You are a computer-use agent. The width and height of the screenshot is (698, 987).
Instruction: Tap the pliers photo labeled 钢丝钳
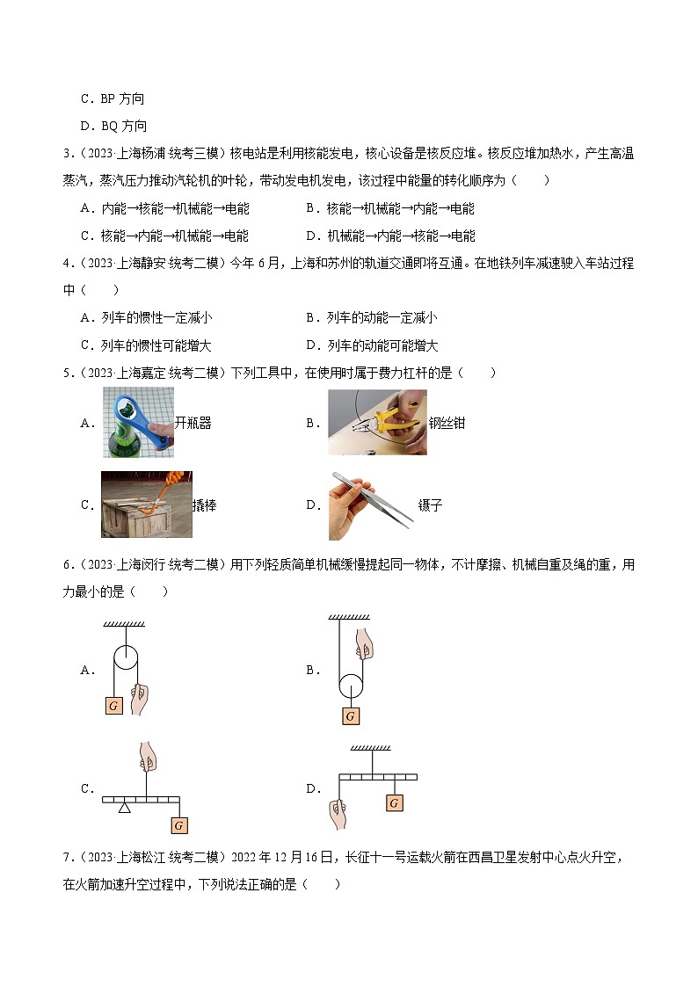coord(377,423)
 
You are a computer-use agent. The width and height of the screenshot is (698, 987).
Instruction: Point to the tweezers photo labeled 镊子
coord(371,505)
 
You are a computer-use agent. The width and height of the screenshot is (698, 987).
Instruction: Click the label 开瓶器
coord(193,423)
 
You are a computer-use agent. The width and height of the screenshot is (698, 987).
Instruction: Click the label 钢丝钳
coord(447,423)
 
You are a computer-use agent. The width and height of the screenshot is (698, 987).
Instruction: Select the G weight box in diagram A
coord(113,705)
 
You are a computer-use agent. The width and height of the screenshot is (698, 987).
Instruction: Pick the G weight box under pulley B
coord(351,715)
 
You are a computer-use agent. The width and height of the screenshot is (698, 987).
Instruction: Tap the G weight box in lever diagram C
coord(178,825)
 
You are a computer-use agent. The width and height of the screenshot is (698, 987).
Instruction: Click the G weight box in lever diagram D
coord(395,803)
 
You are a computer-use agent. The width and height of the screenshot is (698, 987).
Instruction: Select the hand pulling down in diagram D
coord(338,814)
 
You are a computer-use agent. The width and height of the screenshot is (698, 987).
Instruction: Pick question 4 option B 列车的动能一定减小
coord(371,317)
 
